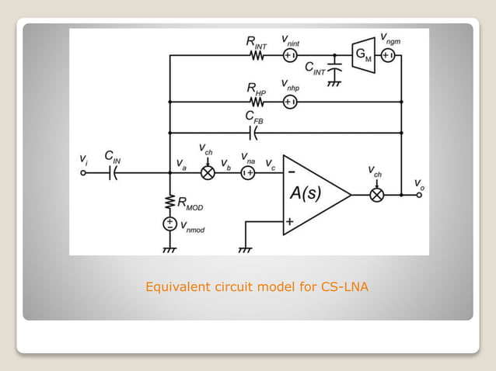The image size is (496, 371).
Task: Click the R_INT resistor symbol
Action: tap(258, 56)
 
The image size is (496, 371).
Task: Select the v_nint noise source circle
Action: tap(290, 56)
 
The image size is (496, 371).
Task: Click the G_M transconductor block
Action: tap(363, 56)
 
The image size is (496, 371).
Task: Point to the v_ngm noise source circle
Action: tap(389, 56)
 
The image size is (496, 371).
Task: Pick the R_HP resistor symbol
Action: tap(258, 102)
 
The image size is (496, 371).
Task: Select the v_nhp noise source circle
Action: tap(290, 102)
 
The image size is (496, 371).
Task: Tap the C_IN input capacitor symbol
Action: tap(114, 173)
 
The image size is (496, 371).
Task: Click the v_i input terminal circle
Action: tap(85, 173)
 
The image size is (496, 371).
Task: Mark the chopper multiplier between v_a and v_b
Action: tap(208, 173)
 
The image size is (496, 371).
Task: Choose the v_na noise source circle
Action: tap(248, 173)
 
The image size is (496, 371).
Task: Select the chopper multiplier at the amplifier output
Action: tap(376, 194)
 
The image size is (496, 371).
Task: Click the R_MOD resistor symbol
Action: tap(169, 203)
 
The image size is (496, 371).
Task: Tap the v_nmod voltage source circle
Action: tap(169, 224)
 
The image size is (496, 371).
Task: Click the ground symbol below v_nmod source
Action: tap(169, 249)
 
